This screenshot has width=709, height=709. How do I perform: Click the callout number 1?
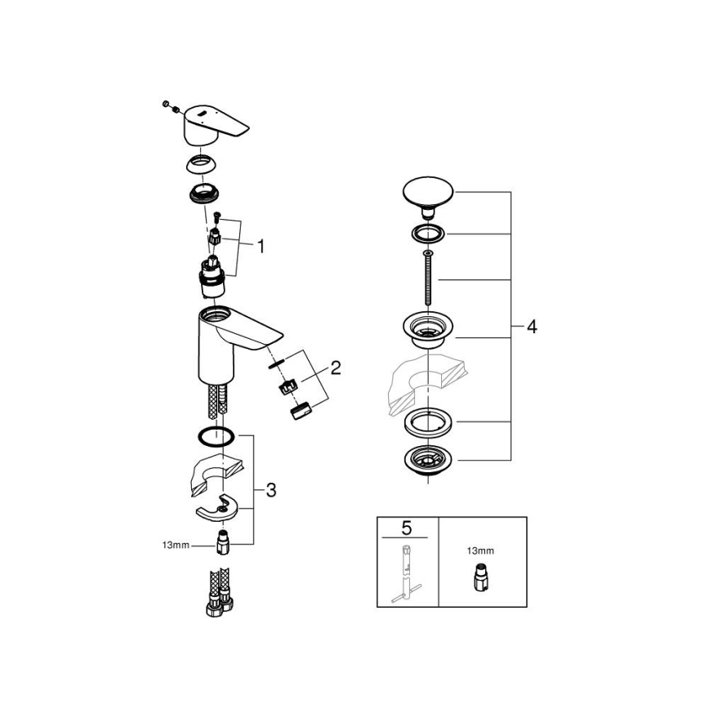pyautogui.click(x=260, y=245)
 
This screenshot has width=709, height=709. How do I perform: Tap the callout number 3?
pyautogui.click(x=270, y=490)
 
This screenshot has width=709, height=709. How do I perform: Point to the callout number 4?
pyautogui.click(x=531, y=327)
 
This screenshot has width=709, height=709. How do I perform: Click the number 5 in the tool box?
pyautogui.click(x=407, y=527)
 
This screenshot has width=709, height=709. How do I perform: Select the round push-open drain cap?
pyautogui.click(x=426, y=192)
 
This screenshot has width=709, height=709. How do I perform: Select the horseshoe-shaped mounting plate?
pyautogui.click(x=219, y=509)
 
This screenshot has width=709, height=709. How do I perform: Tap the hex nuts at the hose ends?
pyautogui.click(x=214, y=608)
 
